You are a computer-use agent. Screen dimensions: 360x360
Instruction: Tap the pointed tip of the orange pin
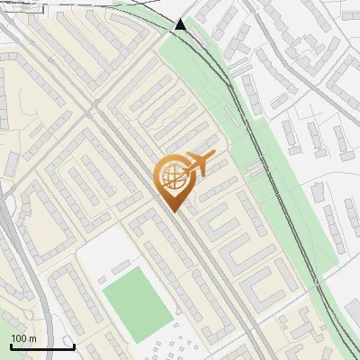click(174, 211)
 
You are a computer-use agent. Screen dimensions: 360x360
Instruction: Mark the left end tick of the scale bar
click(11, 346)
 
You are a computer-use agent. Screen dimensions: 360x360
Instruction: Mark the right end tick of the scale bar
click(74, 346)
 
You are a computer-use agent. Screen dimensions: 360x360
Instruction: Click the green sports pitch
click(136, 301)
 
